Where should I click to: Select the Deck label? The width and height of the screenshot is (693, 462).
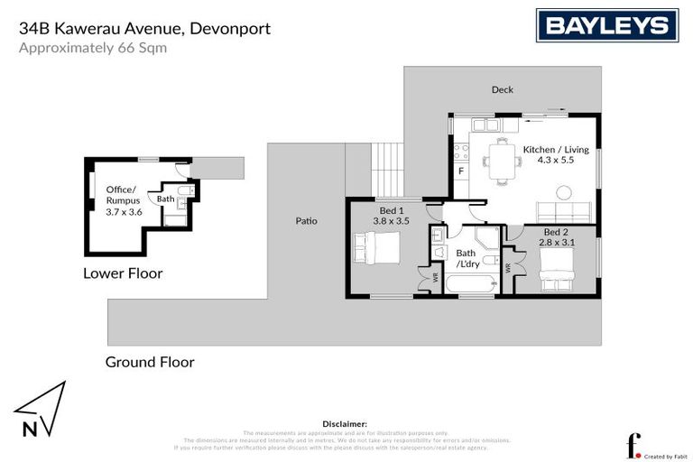coord(503,90)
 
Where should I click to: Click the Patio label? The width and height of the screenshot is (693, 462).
coord(306,220)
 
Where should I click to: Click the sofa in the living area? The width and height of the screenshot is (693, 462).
coord(563,214)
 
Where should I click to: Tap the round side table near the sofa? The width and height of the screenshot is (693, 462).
coord(565,192)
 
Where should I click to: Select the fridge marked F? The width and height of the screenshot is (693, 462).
coord(460,171)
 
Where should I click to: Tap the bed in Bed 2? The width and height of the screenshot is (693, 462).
coord(555,269)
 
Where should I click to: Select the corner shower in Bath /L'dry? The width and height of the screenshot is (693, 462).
coord(488,238)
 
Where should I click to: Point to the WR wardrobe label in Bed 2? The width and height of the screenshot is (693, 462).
coord(509,268)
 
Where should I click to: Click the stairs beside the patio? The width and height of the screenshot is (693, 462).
coord(388,170)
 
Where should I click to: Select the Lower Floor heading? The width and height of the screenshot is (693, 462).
coord(123,273)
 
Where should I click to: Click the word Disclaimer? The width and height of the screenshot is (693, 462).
coord(345,422)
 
